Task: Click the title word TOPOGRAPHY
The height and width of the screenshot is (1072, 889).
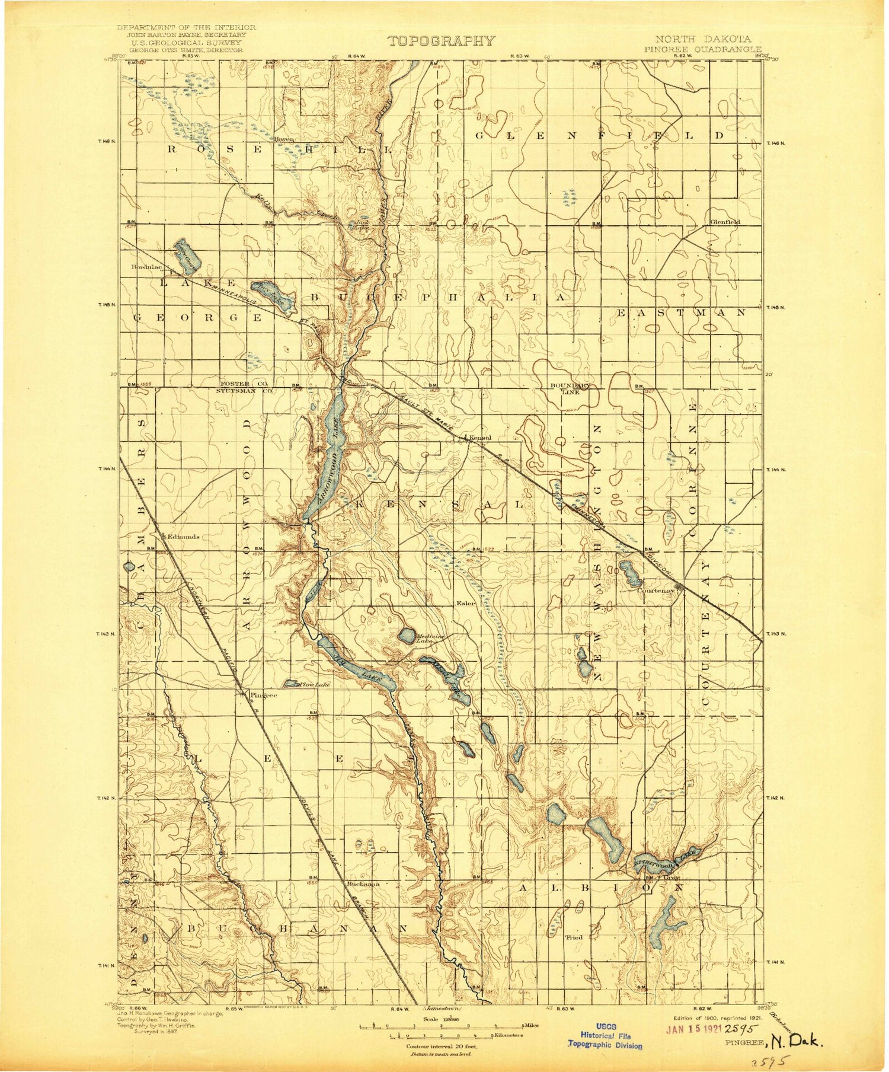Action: click(x=441, y=40)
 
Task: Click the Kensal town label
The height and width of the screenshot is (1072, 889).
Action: click(x=481, y=438)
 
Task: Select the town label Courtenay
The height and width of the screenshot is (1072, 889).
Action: click(x=656, y=591)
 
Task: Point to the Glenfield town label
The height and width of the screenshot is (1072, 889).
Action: click(x=725, y=222)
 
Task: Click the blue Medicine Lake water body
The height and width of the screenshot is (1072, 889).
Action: click(x=407, y=636)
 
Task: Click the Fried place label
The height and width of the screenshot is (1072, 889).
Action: click(x=574, y=937)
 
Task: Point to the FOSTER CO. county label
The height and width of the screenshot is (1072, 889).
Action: click(x=244, y=384)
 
